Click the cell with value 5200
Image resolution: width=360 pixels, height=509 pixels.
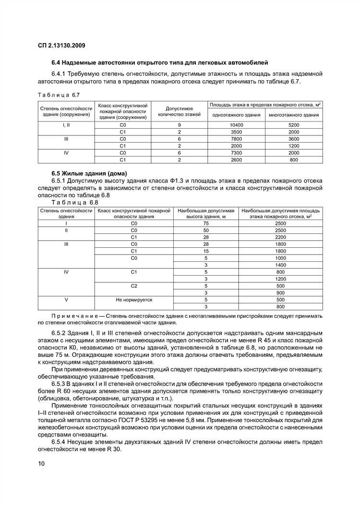pos(294,125)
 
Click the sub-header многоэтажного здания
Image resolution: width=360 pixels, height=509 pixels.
pos(294,115)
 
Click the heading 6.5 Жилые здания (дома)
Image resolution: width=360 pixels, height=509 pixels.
pos(89,173)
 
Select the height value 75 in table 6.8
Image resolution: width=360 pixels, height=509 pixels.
pos(206,223)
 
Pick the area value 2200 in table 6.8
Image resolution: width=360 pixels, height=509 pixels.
pos(280,237)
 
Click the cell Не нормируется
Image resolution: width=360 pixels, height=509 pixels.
pos(134,300)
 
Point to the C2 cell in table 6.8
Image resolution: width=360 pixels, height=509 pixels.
pos(134,286)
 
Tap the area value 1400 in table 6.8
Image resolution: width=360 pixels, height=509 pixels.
pos(280,265)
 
